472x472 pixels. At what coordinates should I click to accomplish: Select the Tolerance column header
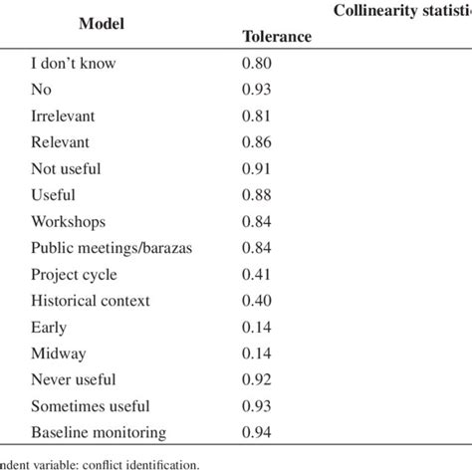278,39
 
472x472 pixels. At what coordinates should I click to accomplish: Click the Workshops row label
67,221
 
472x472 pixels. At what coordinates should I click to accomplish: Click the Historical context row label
91,300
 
